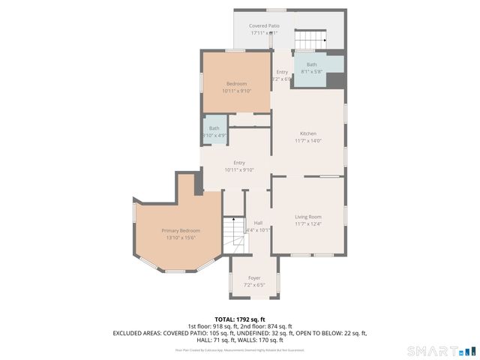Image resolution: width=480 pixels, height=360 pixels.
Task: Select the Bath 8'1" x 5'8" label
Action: pos(311,65)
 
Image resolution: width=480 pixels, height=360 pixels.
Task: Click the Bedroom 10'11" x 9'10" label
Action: pos(236,83)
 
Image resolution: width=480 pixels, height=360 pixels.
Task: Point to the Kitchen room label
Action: pos(308,133)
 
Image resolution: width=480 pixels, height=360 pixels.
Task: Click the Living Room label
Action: pos(308,217)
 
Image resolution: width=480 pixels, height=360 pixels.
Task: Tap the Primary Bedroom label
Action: pos(181,230)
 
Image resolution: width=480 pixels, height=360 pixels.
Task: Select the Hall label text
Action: pos(258,223)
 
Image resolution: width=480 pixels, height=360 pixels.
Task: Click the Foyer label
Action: pos(254,278)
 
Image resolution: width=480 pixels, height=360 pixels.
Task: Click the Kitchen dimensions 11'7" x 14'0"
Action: pos(308,141)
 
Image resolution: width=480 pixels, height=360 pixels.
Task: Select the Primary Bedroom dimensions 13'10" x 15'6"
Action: pos(181,238)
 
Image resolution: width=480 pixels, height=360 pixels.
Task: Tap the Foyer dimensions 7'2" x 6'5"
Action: pos(254,286)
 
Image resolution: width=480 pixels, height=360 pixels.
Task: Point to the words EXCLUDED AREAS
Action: pos(139,332)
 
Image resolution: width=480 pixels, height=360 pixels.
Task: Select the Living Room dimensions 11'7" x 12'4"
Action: pos(308,224)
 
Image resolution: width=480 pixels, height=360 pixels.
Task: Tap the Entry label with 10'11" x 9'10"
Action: pos(239,163)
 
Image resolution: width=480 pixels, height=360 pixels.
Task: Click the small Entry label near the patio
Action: pos(282,72)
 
